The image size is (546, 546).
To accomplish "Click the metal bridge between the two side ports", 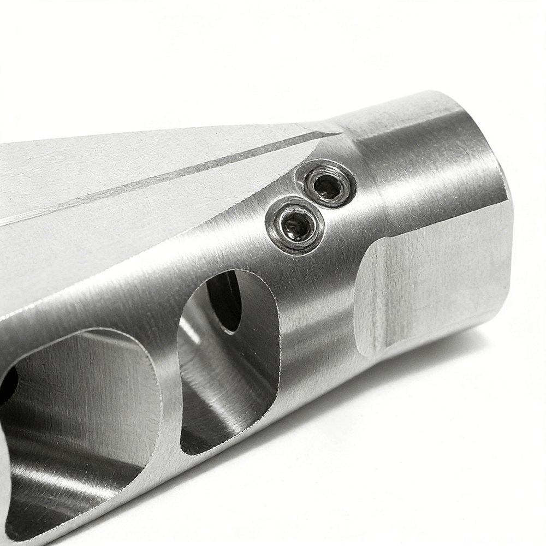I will click(x=169, y=393).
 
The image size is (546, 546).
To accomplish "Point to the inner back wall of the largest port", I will click(x=82, y=382).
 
